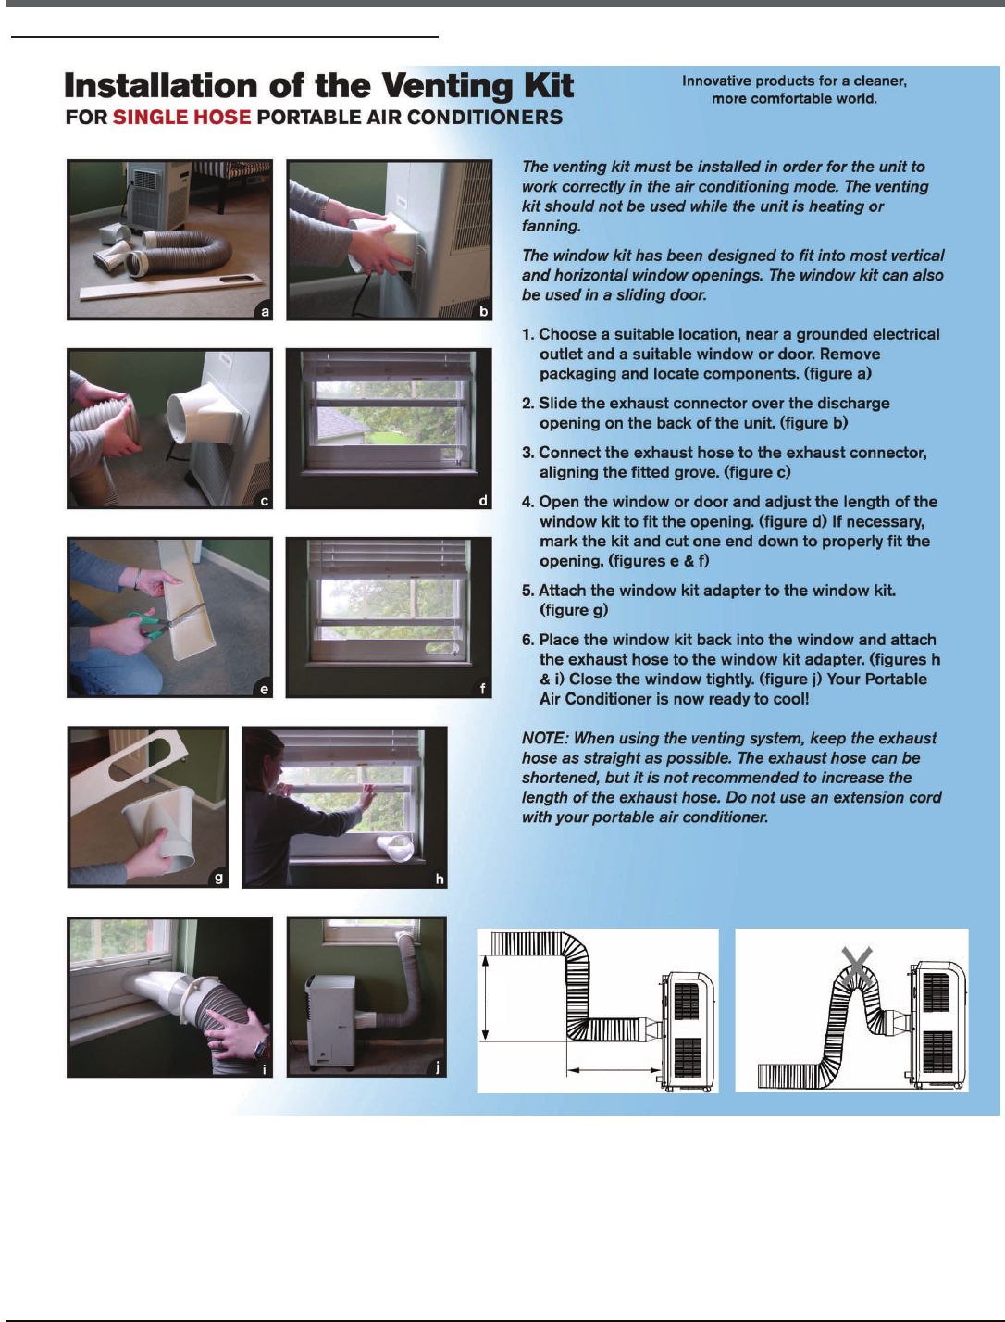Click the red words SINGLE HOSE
pyautogui.click(x=181, y=117)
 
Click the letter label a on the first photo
pyautogui.click(x=265, y=311)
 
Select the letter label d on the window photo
pyautogui.click(x=483, y=501)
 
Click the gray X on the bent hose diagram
pyautogui.click(x=857, y=967)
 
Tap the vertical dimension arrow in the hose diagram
pyautogui.click(x=486, y=997)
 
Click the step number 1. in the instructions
pyautogui.click(x=527, y=335)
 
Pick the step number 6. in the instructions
pyautogui.click(x=527, y=641)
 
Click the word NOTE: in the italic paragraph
pyautogui.click(x=545, y=739)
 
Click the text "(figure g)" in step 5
pyautogui.click(x=574, y=611)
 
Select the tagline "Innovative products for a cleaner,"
pyautogui.click(x=794, y=81)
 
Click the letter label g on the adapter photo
pyautogui.click(x=218, y=879)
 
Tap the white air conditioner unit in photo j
pyautogui.click(x=329, y=1021)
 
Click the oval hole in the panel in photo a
pyautogui.click(x=239, y=280)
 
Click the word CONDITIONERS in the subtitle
pyautogui.click(x=484, y=117)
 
